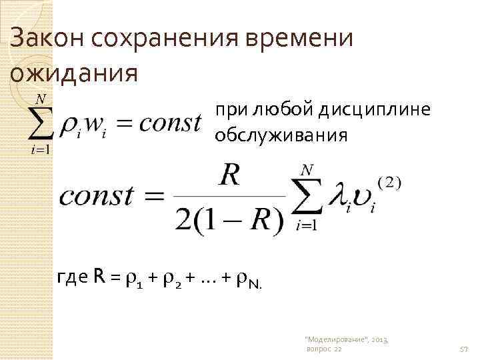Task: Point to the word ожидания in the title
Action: point(73,71)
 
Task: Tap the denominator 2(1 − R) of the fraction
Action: point(229,219)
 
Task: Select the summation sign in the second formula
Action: point(306,197)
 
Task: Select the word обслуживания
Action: point(280,136)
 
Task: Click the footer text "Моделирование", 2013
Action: point(346,339)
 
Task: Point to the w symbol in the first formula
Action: point(96,124)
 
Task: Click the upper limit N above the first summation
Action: point(41,99)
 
